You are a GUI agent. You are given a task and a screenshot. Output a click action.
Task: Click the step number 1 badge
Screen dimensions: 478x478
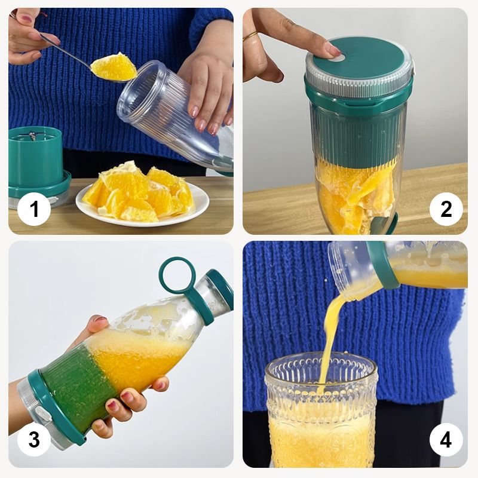coord(34,209)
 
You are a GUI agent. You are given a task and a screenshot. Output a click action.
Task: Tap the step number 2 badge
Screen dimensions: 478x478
coord(446,209)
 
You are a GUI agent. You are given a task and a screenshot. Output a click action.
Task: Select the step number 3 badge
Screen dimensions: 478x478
coord(34,439)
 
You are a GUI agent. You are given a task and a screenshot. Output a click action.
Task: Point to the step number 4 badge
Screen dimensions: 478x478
coord(446,439)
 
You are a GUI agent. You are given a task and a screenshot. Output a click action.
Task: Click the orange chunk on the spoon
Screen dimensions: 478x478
coord(114,67)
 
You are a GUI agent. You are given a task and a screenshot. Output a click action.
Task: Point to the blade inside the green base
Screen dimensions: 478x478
coord(32,136)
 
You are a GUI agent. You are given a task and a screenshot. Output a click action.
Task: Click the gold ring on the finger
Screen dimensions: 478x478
coord(250,36)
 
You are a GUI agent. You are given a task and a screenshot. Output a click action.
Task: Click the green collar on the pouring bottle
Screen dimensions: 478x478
coord(382,265)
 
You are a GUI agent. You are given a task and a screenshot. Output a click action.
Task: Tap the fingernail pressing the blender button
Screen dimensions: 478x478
coord(334,50)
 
